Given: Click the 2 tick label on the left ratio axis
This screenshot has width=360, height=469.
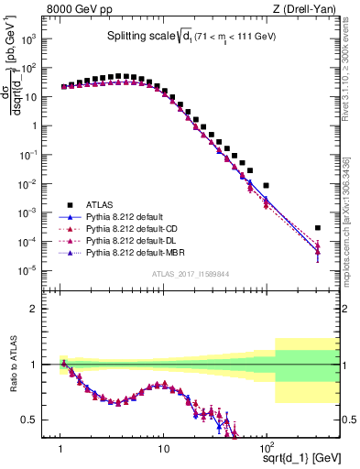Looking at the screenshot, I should point(43,309).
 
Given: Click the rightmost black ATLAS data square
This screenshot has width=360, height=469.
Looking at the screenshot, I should point(318,228).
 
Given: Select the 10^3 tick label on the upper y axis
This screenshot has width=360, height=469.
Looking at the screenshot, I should point(38,39).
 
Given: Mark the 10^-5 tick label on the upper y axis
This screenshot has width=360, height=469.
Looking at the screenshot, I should point(38,270).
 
